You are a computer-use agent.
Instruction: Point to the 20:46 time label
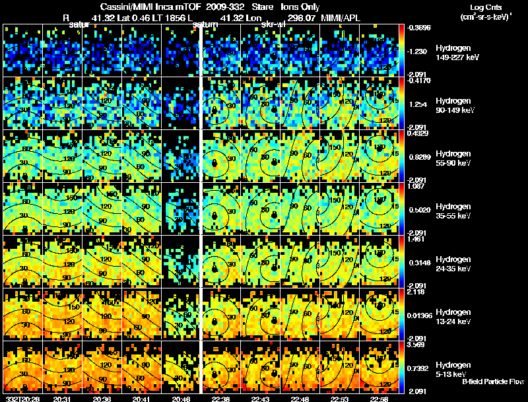181,399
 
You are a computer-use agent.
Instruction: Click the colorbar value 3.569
417,344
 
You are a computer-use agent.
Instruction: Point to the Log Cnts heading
482,7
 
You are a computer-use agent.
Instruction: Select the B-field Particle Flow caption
493,382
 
